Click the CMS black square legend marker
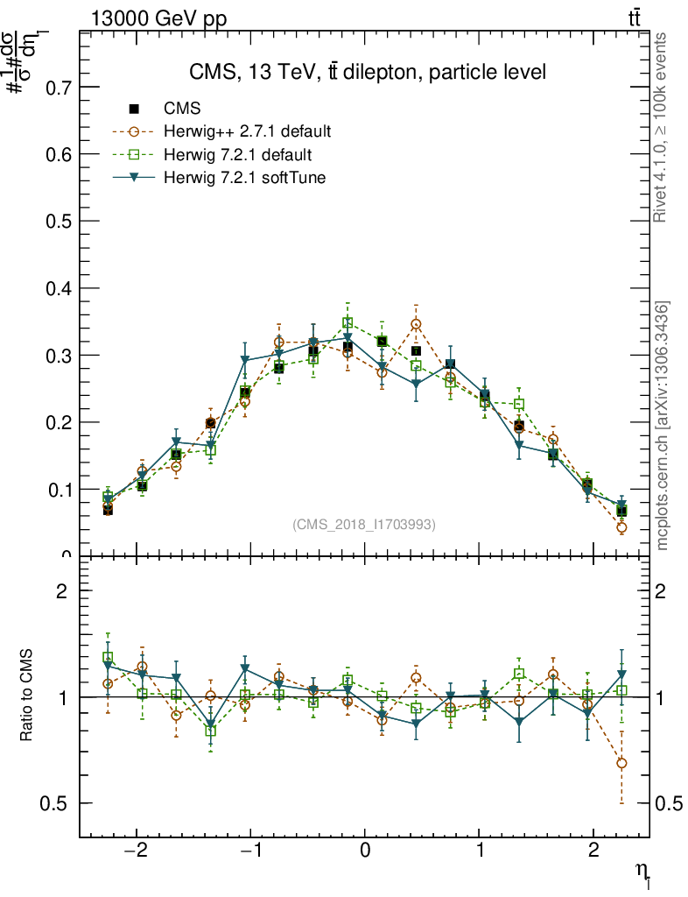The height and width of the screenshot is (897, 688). pyautogui.click(x=134, y=109)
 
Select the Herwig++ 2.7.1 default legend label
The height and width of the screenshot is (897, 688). pyautogui.click(x=247, y=132)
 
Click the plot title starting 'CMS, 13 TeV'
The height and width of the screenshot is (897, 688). pyautogui.click(x=368, y=73)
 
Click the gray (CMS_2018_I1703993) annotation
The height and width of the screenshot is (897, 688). pyautogui.click(x=364, y=524)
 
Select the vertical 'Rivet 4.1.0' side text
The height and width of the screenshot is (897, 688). pyautogui.click(x=661, y=127)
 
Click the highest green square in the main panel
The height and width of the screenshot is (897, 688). pyautogui.click(x=348, y=322)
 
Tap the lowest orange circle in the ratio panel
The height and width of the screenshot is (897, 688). pyautogui.click(x=621, y=763)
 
